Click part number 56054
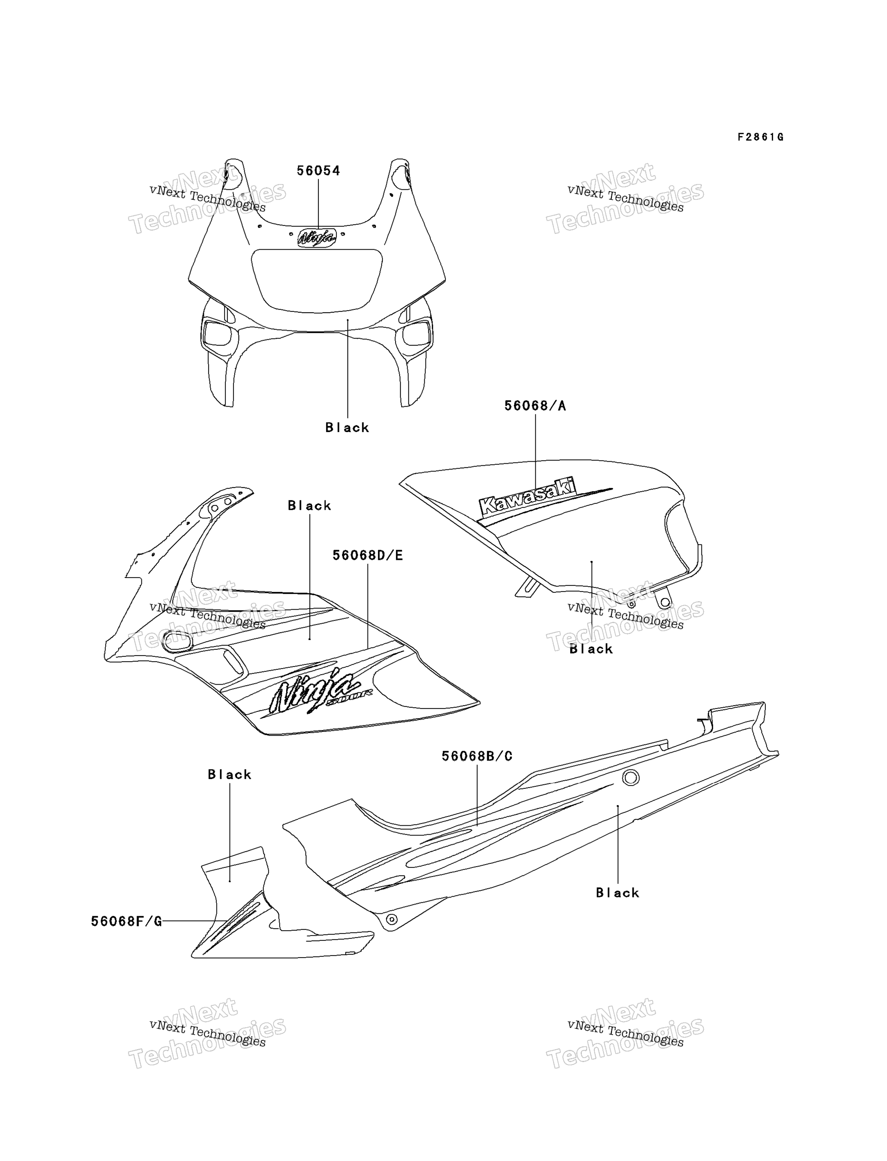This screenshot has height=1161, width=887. (318, 171)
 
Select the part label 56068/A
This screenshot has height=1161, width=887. (535, 406)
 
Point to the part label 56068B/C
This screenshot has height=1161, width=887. (477, 756)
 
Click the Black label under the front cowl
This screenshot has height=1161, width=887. (347, 427)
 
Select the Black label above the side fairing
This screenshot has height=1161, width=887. (310, 506)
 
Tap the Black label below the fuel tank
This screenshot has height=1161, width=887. (591, 649)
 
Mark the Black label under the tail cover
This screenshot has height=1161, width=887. (618, 893)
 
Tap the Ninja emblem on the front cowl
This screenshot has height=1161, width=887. (317, 238)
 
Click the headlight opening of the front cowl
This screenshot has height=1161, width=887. (317, 281)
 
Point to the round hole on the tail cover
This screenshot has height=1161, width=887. (631, 778)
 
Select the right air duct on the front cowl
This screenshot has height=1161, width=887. (417, 333)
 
